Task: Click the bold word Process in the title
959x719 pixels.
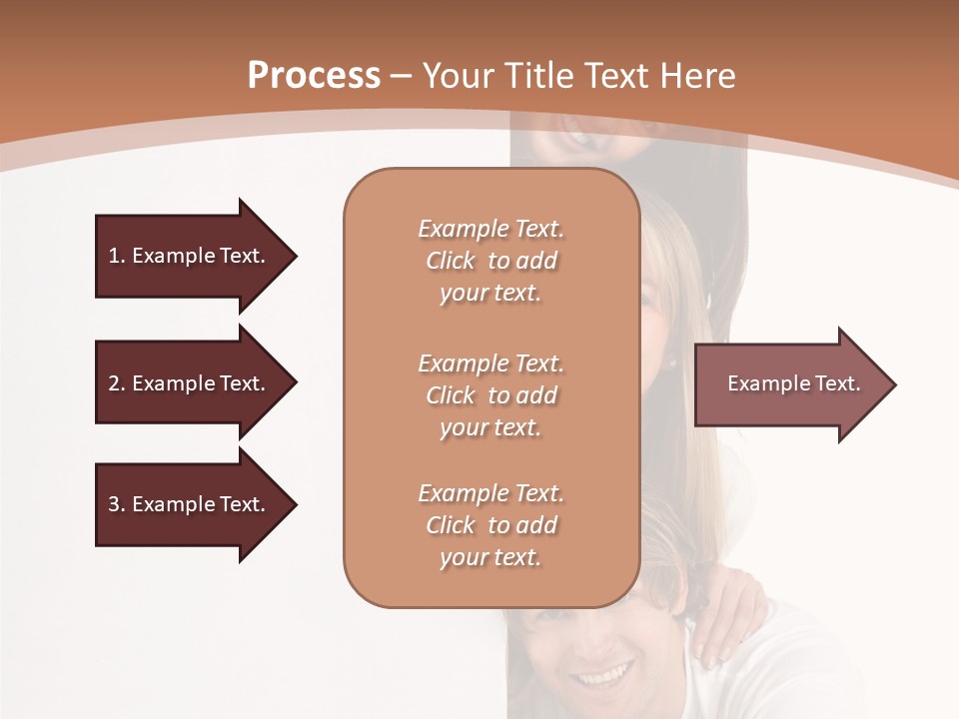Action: (x=314, y=76)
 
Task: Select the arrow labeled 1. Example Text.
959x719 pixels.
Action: (x=187, y=256)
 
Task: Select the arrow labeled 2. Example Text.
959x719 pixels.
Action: (x=187, y=383)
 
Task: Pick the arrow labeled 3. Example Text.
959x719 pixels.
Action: (x=187, y=504)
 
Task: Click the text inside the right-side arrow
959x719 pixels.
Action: (x=793, y=383)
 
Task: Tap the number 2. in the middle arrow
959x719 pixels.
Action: (x=117, y=383)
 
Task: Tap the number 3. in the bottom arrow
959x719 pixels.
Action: (x=117, y=504)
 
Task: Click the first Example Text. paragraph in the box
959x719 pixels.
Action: (x=490, y=261)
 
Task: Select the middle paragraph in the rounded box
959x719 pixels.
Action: (x=490, y=394)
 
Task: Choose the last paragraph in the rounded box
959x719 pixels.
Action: (x=490, y=525)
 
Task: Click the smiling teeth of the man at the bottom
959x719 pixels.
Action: (x=600, y=679)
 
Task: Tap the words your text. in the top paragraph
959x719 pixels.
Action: (x=489, y=294)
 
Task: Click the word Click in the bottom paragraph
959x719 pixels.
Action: (x=451, y=525)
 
